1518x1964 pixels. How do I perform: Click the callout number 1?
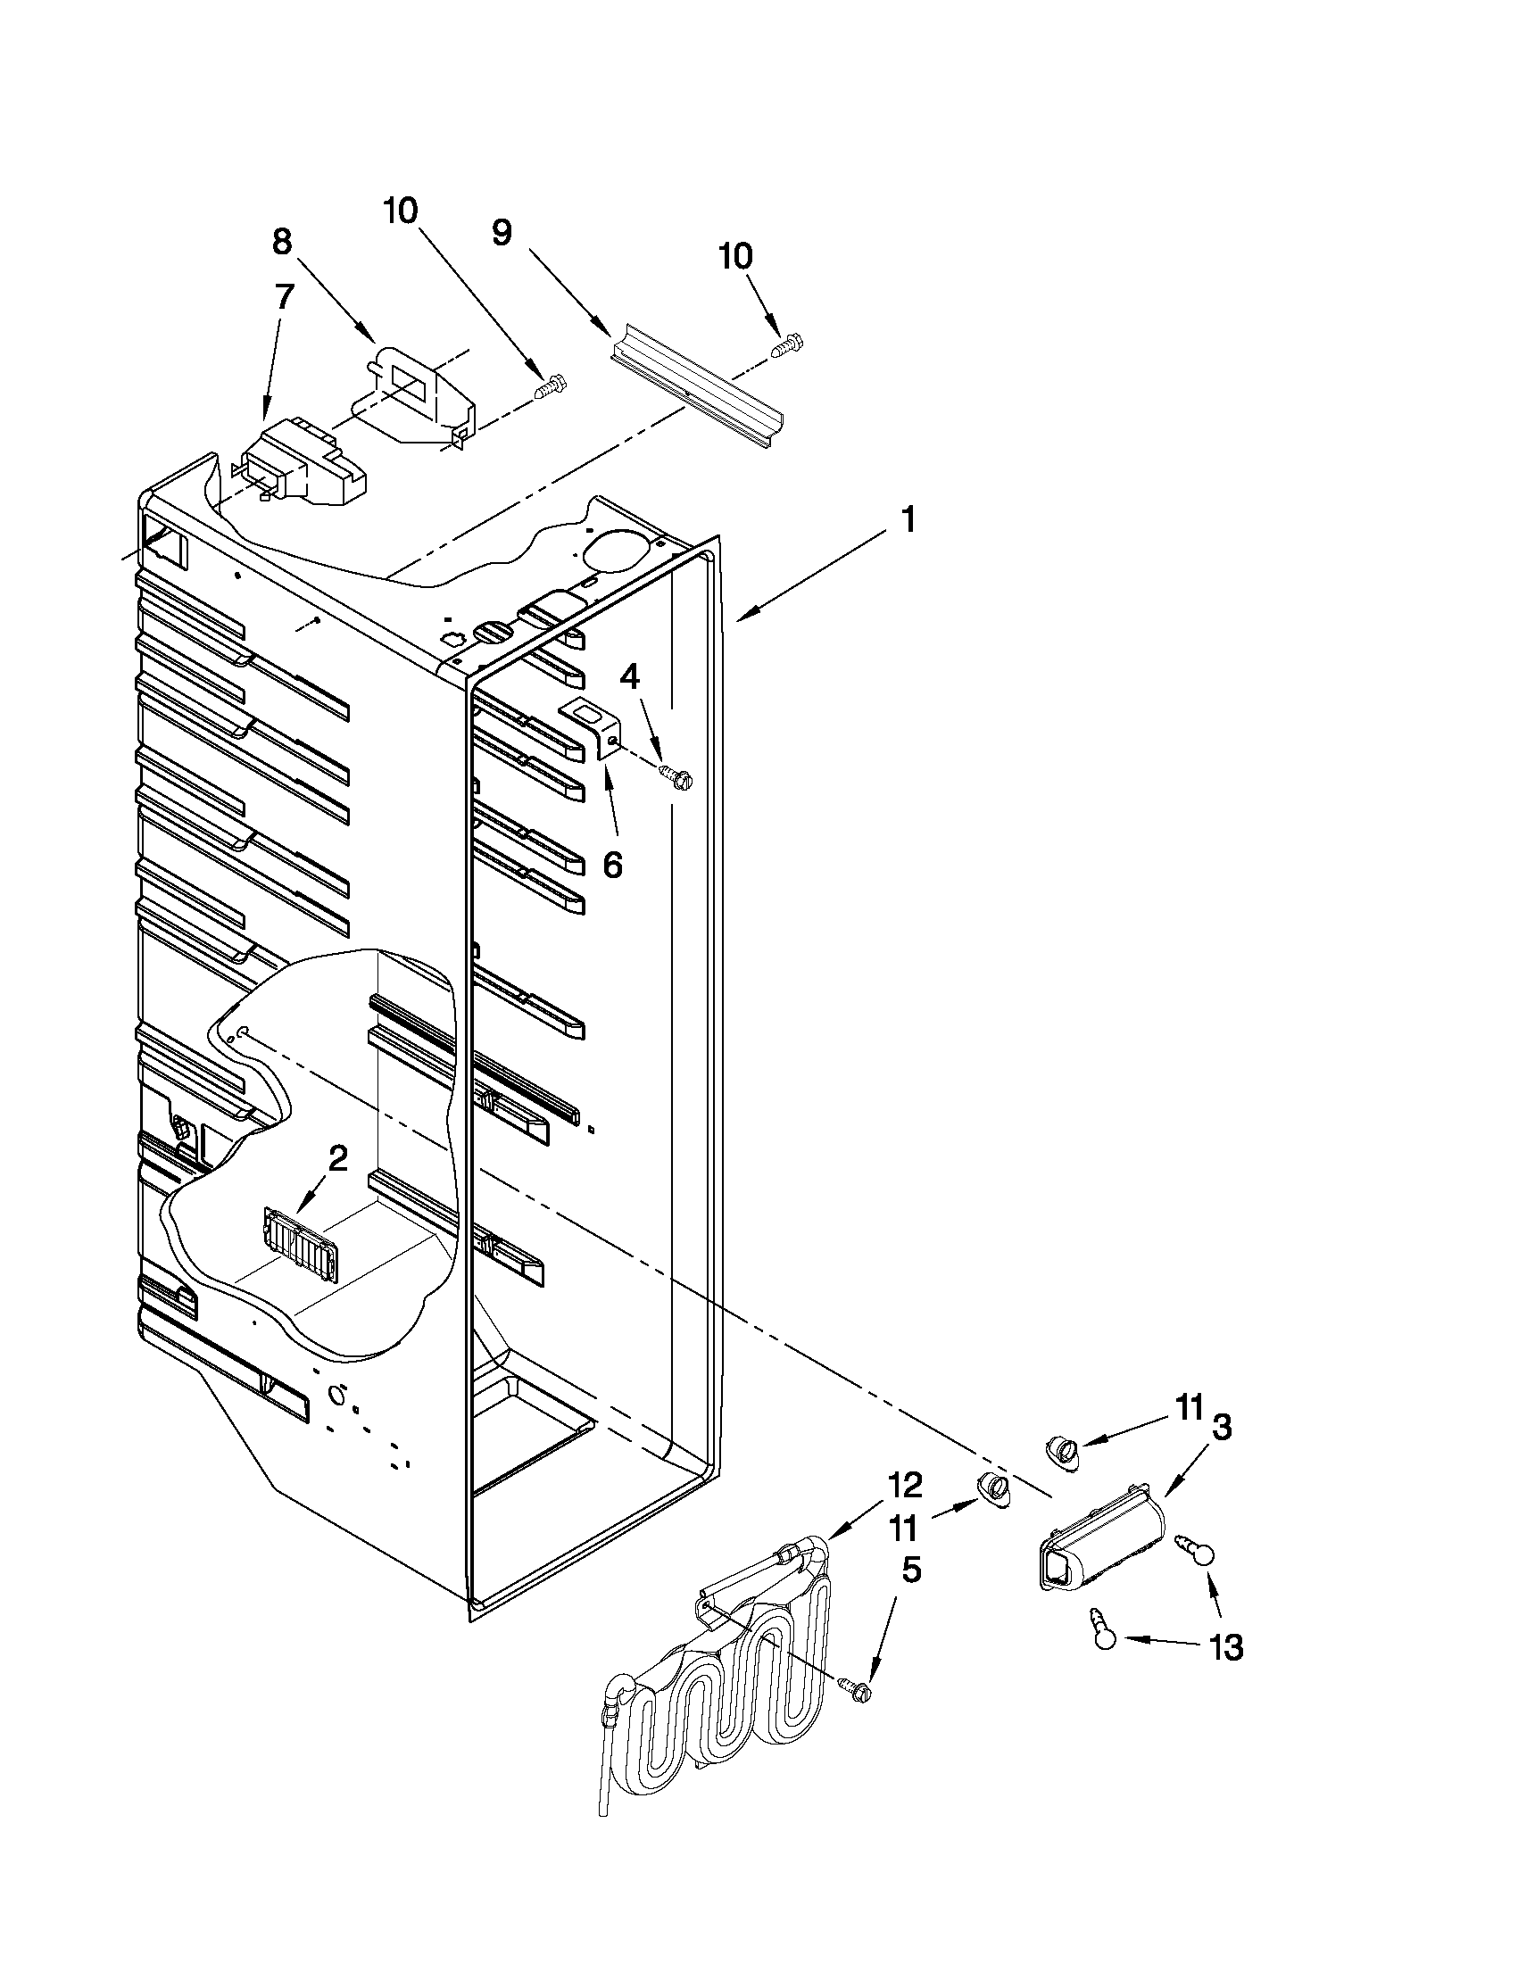908,518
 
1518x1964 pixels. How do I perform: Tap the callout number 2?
337,1159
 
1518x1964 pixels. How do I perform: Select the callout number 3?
1220,1426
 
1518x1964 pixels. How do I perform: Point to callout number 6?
611,864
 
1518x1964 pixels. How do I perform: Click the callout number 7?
284,297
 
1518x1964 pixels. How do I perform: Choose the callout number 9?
502,233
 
